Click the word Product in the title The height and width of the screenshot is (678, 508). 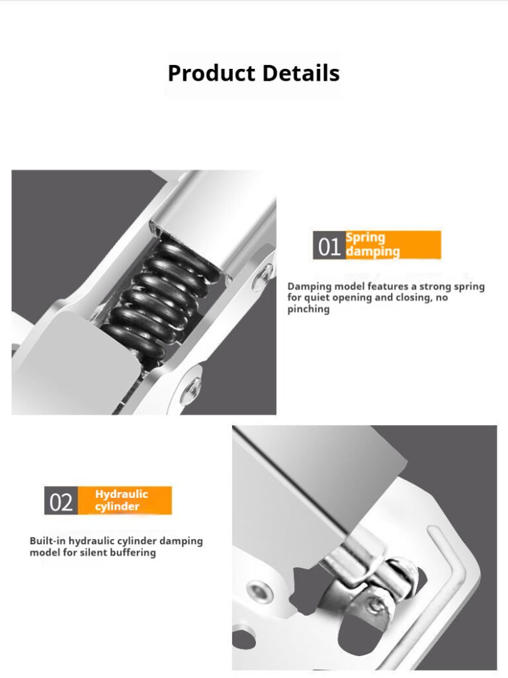[211, 73]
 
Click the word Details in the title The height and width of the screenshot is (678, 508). [301, 73]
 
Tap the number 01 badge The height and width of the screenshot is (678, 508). [329, 245]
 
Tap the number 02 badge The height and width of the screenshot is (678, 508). [61, 501]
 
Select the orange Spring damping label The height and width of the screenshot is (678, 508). [393, 245]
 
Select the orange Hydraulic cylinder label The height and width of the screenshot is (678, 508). [125, 501]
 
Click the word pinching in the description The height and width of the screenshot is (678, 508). [308, 309]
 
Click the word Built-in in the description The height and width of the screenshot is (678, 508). [48, 541]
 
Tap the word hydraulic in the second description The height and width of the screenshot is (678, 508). [91, 541]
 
